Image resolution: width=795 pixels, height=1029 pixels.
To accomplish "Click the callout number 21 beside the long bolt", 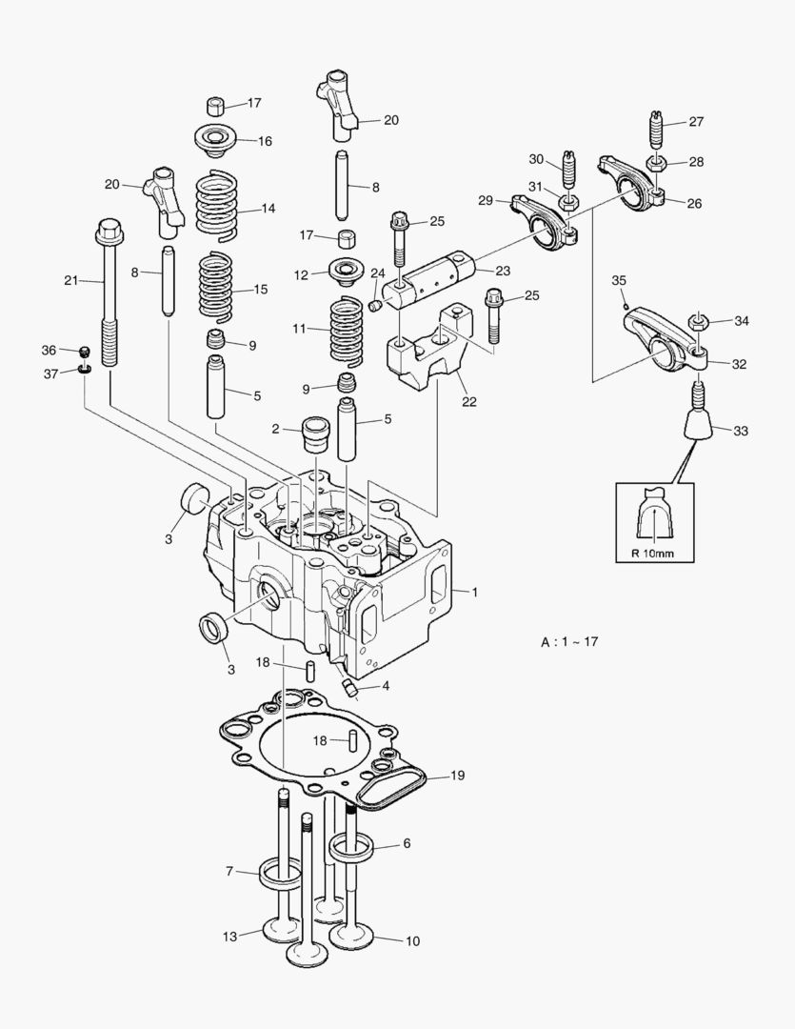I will (70, 280).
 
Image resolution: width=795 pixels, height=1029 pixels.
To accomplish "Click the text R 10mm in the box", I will (654, 554).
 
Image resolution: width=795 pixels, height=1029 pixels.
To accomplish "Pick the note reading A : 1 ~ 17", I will (569, 642).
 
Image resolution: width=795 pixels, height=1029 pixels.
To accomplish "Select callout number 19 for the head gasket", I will (457, 776).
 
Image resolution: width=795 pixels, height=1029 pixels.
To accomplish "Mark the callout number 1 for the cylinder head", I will (475, 592).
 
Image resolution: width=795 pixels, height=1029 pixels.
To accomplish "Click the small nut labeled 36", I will (84, 352).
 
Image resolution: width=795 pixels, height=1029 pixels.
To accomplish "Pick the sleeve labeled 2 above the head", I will (314, 435).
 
